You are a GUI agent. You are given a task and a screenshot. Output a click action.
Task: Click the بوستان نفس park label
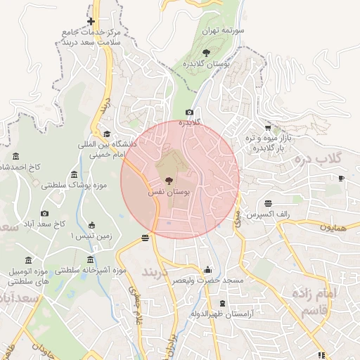[x=167, y=191]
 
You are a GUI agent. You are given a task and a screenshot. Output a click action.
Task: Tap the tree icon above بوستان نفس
[x=167, y=181]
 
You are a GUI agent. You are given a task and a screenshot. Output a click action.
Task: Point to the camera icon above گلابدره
[x=189, y=112]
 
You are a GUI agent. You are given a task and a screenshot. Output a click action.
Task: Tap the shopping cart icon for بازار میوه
[x=268, y=127]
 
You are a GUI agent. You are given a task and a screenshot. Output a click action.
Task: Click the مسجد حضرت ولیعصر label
[x=207, y=281]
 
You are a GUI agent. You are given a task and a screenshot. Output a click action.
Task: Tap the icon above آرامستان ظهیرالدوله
[x=203, y=304]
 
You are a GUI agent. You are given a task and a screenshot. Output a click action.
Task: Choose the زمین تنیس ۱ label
[x=91, y=236]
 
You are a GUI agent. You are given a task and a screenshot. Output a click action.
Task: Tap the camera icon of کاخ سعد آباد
[x=45, y=213]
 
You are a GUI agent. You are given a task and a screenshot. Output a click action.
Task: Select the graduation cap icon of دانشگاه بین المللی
[x=107, y=134]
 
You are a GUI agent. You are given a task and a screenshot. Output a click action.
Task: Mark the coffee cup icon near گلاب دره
[x=341, y=179]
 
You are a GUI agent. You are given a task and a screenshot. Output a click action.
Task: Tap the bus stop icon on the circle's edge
[x=146, y=238]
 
